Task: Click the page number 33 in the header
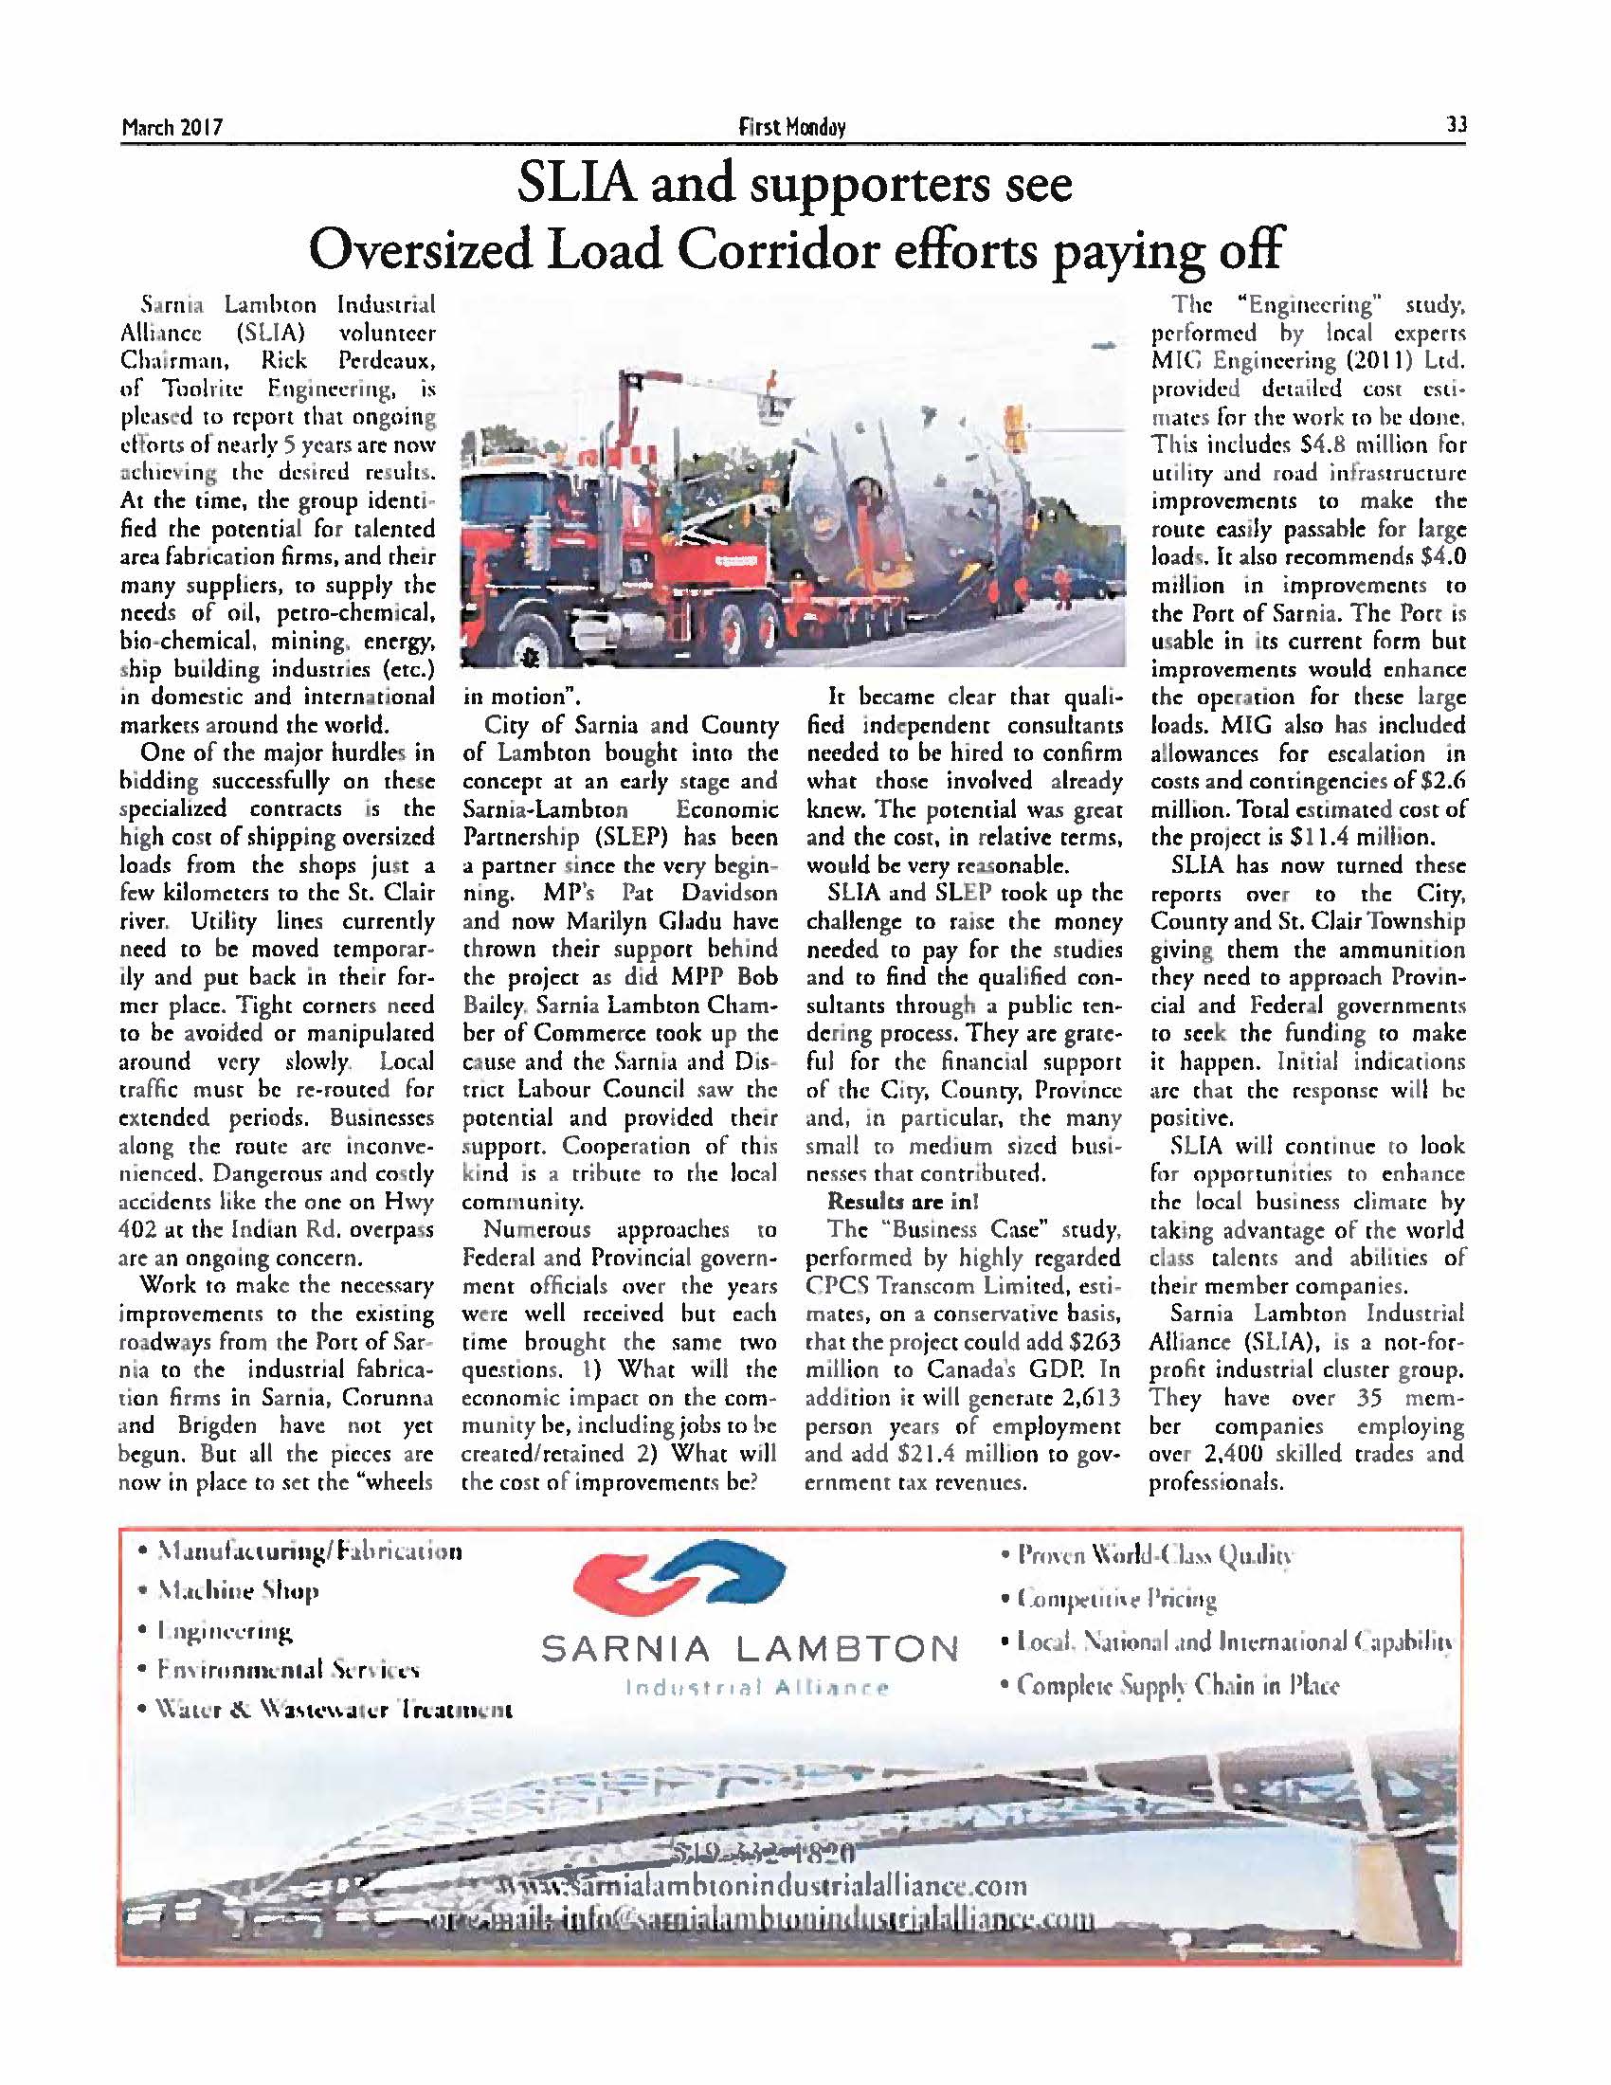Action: [x=1456, y=125]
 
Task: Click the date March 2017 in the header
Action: [x=172, y=127]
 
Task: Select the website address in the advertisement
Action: [x=764, y=1886]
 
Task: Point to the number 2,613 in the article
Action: [x=1090, y=1400]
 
